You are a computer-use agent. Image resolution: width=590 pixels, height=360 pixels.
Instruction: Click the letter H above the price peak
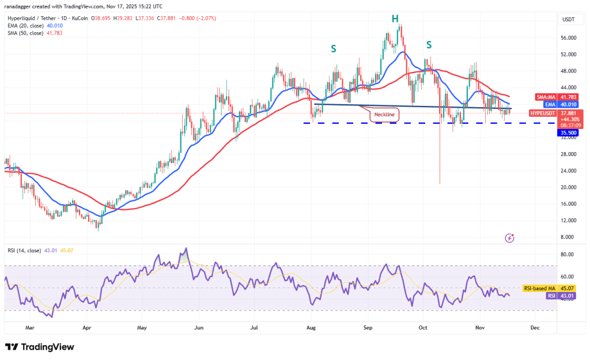395,18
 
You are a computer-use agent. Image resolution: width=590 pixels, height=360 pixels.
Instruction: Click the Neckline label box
385,115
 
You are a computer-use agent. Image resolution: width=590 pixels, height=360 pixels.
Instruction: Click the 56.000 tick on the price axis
569,38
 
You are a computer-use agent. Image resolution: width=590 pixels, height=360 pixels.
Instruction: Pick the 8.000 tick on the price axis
568,237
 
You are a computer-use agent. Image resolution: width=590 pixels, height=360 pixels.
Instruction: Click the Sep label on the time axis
367,327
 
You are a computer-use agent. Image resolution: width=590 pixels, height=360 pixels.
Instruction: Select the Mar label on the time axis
31,327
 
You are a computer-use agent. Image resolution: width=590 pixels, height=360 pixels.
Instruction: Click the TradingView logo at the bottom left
40,347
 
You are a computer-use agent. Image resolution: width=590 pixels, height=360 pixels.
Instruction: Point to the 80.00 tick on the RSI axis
568,255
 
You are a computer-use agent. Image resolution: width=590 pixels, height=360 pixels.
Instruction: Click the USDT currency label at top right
568,20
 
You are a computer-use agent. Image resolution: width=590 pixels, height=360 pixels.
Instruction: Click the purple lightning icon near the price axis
509,237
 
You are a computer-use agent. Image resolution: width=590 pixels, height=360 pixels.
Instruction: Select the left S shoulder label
334,49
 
